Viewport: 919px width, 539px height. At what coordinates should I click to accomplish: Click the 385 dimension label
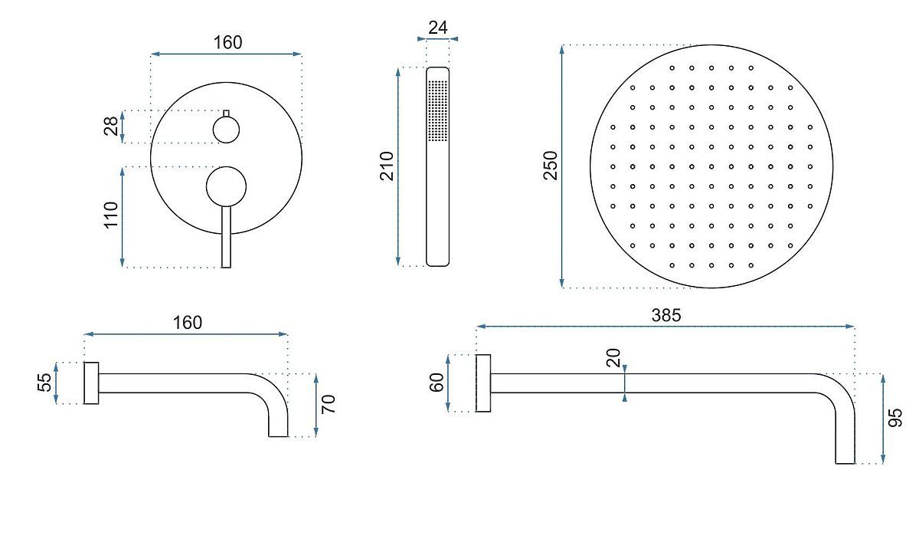(666, 315)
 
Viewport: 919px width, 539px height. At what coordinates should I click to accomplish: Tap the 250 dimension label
(551, 166)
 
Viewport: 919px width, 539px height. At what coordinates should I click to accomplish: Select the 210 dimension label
(387, 166)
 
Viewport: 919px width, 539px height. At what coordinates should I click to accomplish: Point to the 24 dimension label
(438, 28)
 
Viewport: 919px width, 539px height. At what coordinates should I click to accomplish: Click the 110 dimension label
(111, 215)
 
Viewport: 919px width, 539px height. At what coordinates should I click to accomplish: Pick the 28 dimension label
(111, 126)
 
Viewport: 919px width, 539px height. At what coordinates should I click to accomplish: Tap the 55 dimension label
(44, 383)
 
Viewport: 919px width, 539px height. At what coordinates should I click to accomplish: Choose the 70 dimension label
(329, 404)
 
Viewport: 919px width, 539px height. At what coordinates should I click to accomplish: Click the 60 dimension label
(437, 383)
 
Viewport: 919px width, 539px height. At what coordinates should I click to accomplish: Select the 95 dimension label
(895, 418)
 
